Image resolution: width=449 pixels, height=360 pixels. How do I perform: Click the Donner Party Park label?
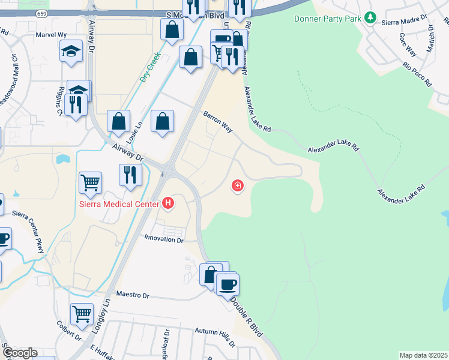tap(327, 19)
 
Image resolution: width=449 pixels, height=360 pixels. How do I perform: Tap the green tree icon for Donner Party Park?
tap(371, 18)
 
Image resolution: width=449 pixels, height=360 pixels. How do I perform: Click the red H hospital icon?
tap(168, 204)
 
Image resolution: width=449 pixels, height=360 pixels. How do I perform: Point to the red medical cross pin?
tap(238, 186)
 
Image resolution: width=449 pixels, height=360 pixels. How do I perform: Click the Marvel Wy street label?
tap(51, 35)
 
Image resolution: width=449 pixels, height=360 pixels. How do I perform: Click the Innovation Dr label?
tap(163, 239)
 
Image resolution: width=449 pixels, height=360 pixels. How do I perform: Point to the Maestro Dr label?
tap(133, 295)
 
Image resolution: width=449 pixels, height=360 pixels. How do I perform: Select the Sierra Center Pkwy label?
tap(28, 232)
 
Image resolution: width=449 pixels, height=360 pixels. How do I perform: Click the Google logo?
tap(19, 353)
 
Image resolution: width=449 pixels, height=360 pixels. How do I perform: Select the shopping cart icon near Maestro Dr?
tap(82, 313)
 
